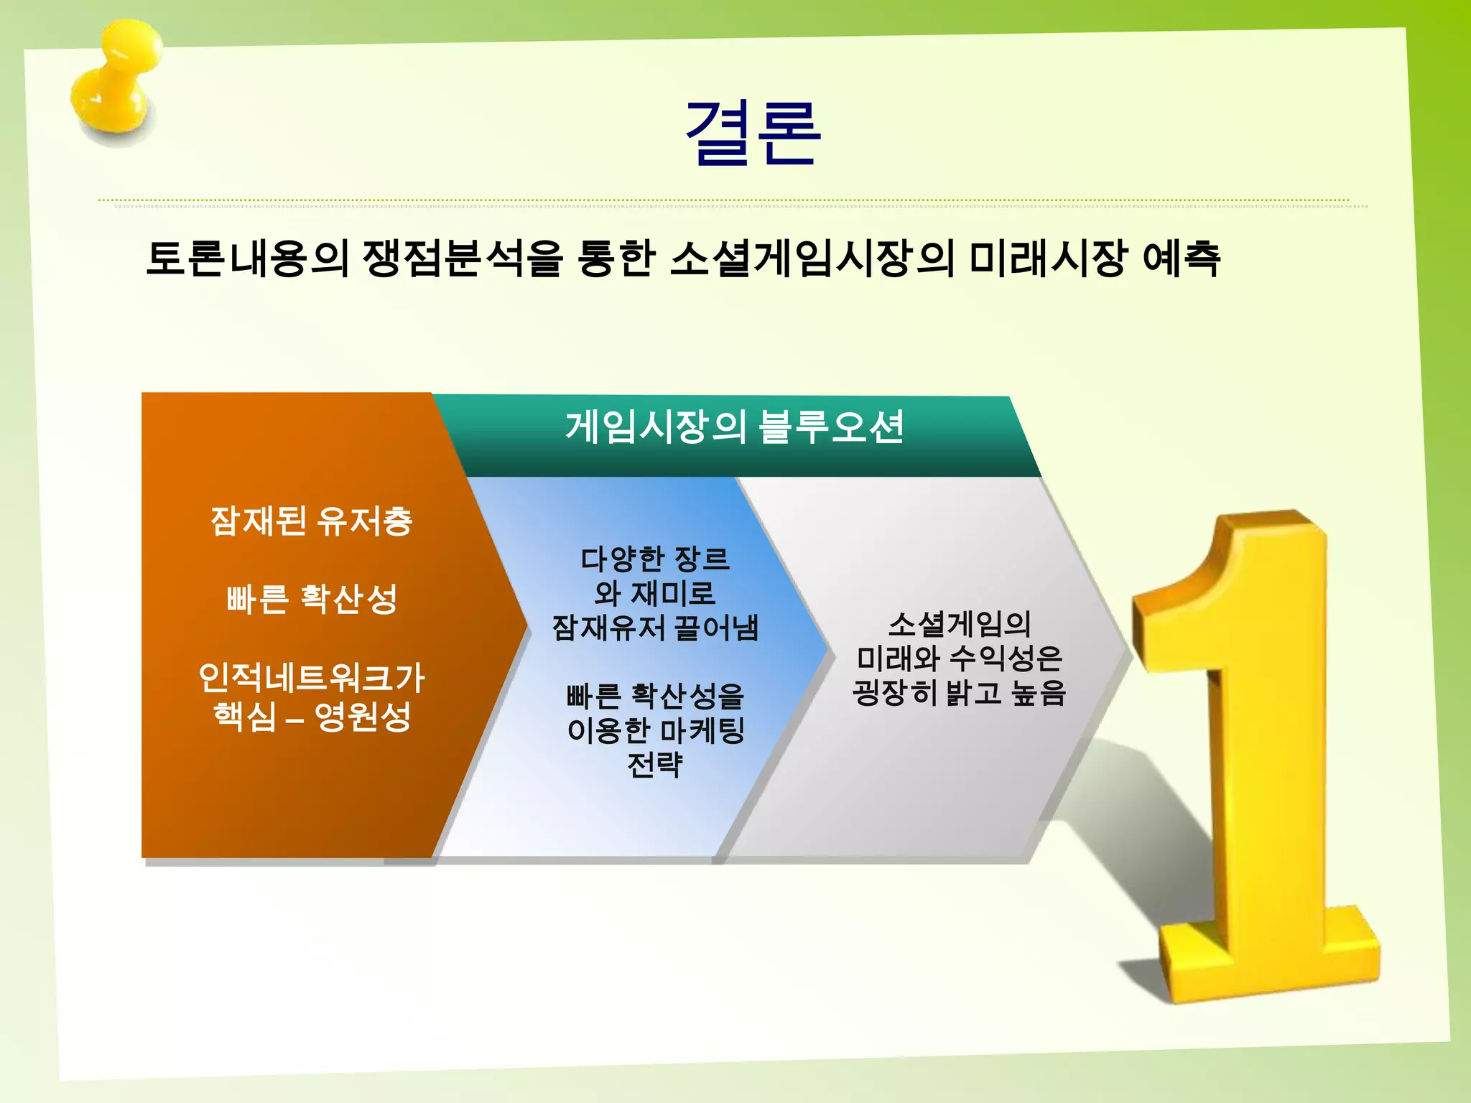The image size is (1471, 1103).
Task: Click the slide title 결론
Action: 752,134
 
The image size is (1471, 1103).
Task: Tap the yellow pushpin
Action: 115,83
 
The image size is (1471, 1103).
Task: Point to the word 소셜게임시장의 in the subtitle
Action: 812,259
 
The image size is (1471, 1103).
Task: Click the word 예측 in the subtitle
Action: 1181,259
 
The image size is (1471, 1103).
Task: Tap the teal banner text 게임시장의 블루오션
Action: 734,427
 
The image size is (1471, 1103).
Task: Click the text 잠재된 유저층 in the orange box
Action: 311,521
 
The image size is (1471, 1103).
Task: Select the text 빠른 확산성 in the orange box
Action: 311,598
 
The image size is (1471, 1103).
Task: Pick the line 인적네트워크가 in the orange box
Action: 311,677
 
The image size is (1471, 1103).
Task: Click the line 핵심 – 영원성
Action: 311,716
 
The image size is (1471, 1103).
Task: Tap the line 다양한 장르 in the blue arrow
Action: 654,559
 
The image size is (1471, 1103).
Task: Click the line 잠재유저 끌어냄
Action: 654,628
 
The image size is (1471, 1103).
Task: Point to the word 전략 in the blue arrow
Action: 654,764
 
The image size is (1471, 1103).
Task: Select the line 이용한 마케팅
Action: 654,730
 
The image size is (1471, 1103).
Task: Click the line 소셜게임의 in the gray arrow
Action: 959,623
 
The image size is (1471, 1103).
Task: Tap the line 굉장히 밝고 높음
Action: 959,692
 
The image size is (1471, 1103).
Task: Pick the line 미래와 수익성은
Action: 959,658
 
